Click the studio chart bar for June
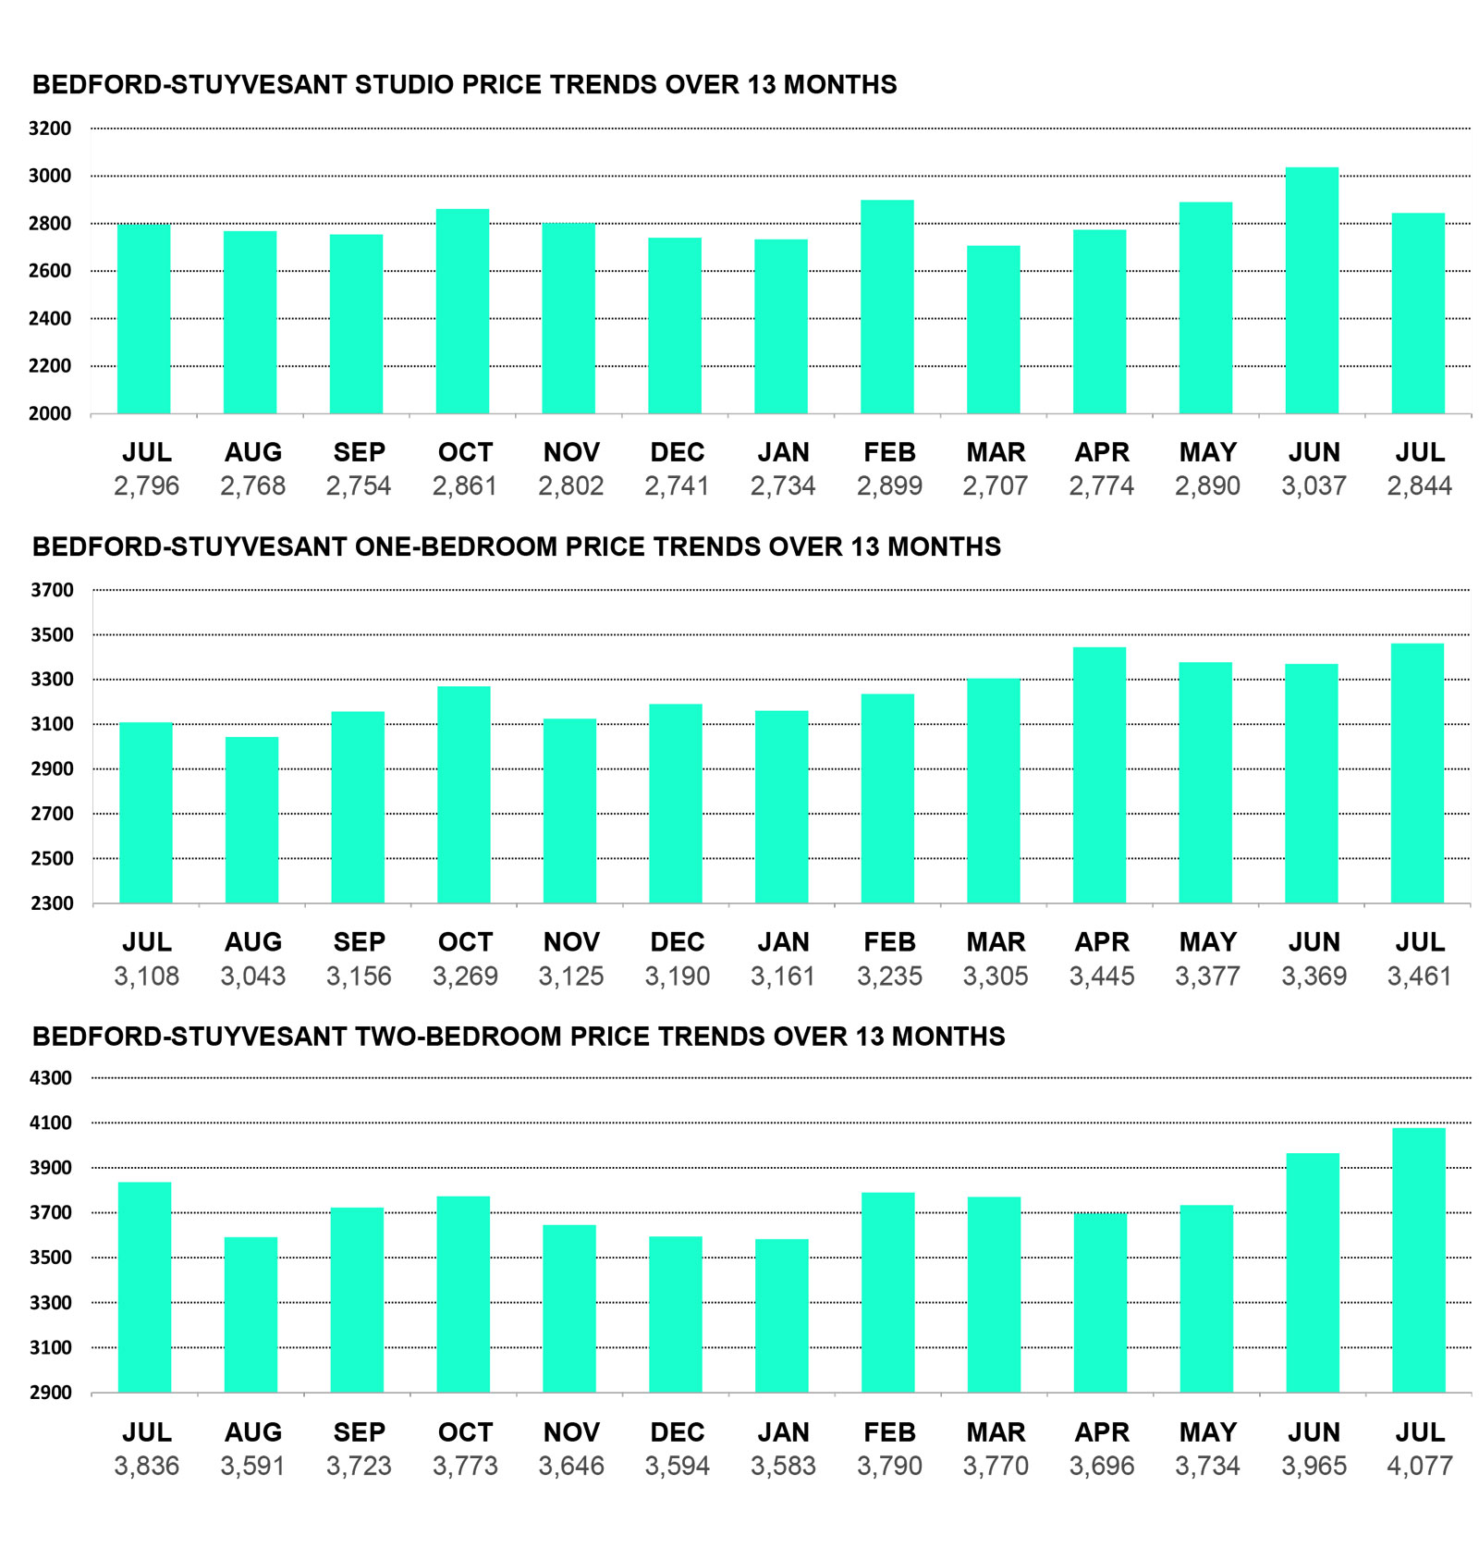click(x=1312, y=290)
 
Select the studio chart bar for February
click(x=887, y=307)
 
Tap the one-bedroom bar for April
click(x=1100, y=775)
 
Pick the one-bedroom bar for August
click(x=251, y=820)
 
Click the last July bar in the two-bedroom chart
click(x=1419, y=1260)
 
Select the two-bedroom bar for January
click(x=782, y=1316)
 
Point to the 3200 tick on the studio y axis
click(x=50, y=129)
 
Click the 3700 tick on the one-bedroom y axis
click(x=52, y=590)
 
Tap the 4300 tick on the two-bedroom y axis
click(x=50, y=1078)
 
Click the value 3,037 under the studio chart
click(x=1314, y=485)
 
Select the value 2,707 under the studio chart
click(x=996, y=485)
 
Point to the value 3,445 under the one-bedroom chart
click(x=1102, y=976)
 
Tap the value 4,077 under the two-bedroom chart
click(x=1420, y=1466)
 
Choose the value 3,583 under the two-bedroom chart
click(x=783, y=1466)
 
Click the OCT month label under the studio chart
click(x=465, y=452)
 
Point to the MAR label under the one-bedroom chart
click(x=996, y=942)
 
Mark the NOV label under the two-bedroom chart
click(x=571, y=1432)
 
